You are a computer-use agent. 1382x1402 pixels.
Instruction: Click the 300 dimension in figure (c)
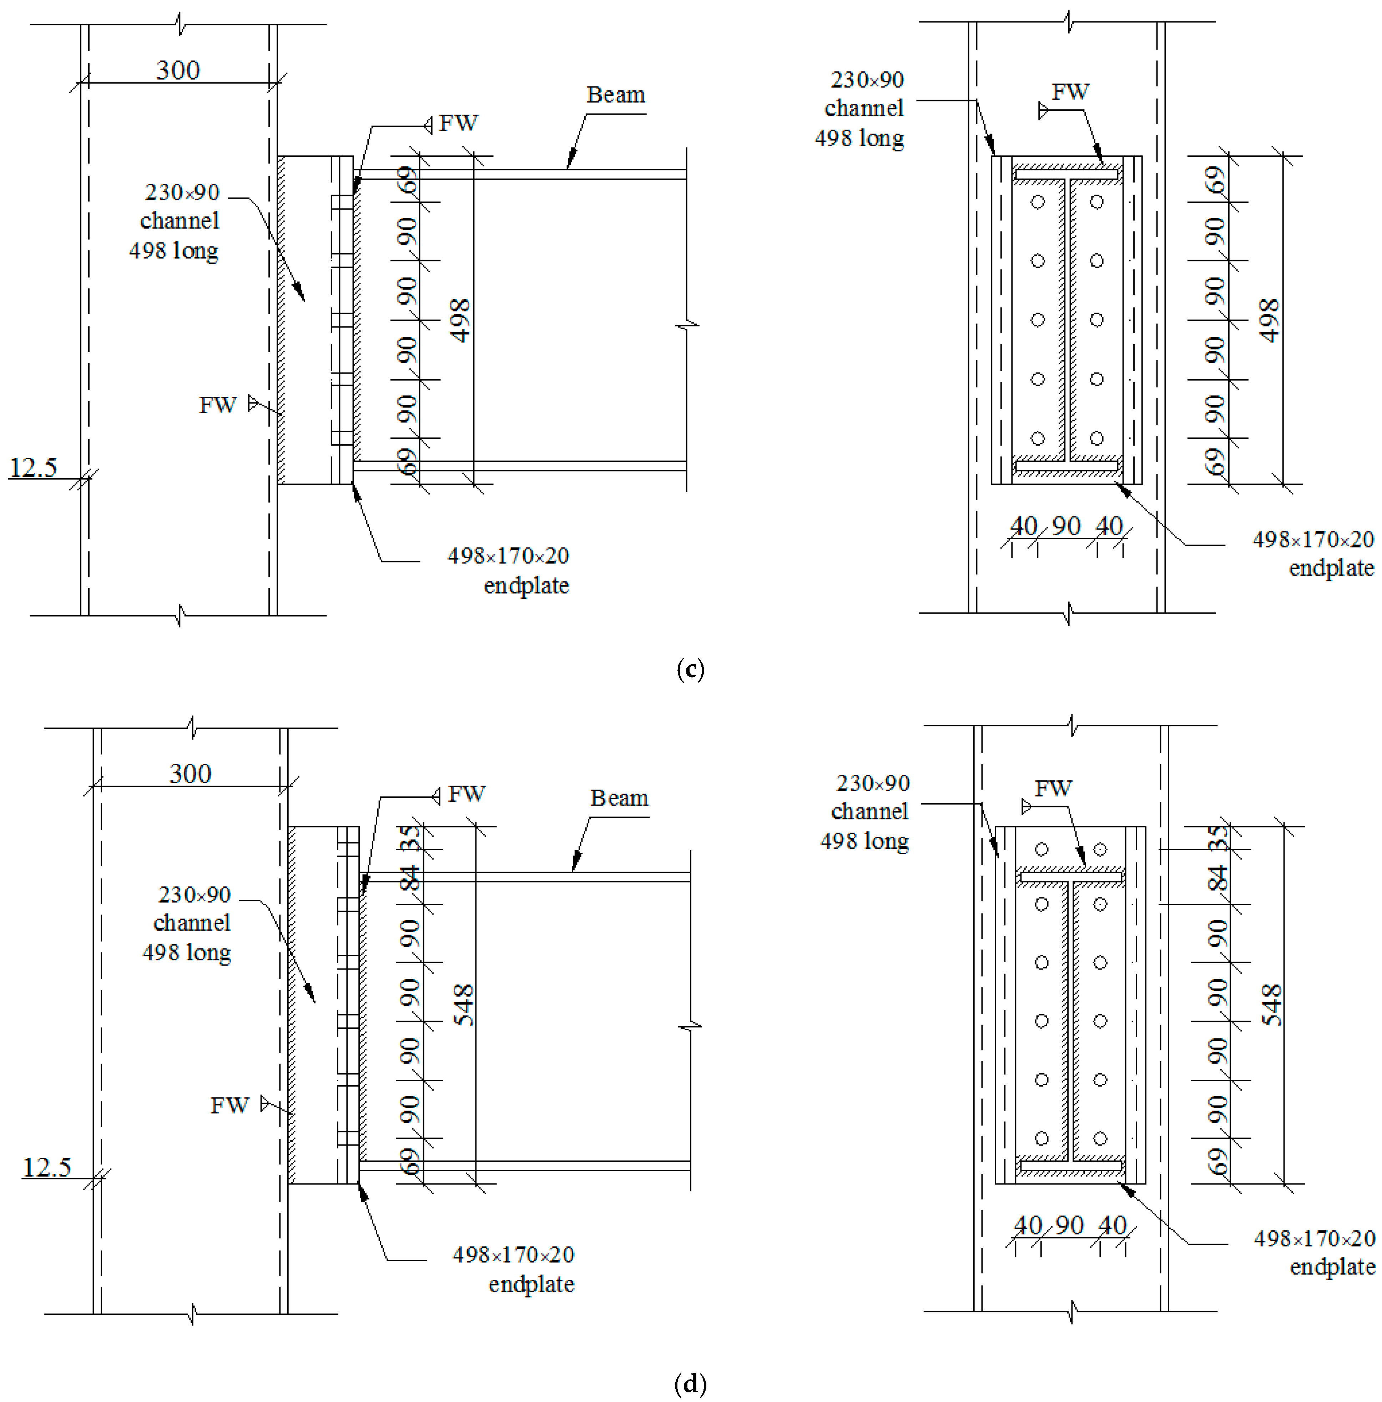click(178, 70)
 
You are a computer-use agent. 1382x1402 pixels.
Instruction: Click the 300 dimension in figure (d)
click(190, 773)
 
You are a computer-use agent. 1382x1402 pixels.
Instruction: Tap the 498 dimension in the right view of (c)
click(1268, 320)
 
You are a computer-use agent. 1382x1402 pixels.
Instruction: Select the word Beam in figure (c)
click(615, 95)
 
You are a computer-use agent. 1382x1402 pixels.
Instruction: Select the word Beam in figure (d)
click(619, 798)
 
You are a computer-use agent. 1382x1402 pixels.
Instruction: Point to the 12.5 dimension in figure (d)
click(46, 1168)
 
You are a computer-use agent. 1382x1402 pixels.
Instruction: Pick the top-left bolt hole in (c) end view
click(1038, 202)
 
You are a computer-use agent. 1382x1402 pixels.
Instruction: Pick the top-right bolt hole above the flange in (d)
click(1100, 849)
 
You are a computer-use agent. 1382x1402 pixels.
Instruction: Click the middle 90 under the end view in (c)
click(1066, 525)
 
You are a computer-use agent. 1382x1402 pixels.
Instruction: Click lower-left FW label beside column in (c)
click(218, 405)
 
